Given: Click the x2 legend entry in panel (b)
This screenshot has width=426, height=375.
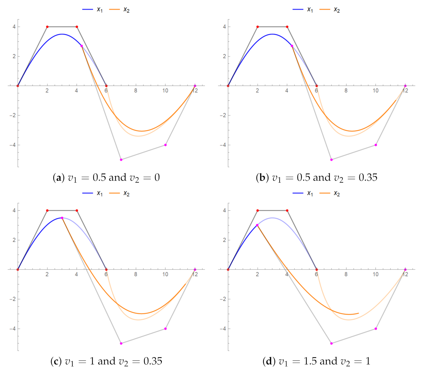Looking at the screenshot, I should [x=330, y=10].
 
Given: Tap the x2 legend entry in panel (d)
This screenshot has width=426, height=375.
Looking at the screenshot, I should [x=330, y=193].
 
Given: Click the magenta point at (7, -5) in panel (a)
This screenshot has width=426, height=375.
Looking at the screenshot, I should [x=121, y=160].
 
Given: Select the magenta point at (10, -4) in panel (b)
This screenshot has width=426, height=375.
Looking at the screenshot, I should [x=375, y=145].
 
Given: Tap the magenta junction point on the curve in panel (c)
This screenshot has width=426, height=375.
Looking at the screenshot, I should [x=62, y=218].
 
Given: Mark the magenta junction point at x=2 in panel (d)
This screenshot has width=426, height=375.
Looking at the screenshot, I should [x=257, y=225].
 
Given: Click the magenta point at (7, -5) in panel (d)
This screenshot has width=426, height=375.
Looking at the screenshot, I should [x=331, y=343].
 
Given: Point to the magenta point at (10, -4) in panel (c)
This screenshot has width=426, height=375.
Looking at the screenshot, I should [x=165, y=329].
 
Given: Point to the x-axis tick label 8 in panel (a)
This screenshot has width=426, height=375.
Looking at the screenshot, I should [x=136, y=91].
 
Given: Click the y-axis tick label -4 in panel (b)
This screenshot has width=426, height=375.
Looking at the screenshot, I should [x=223, y=145].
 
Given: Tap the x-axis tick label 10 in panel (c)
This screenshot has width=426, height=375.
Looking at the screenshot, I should [x=165, y=274].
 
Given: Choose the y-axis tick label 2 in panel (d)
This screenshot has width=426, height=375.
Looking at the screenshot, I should [x=224, y=240].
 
